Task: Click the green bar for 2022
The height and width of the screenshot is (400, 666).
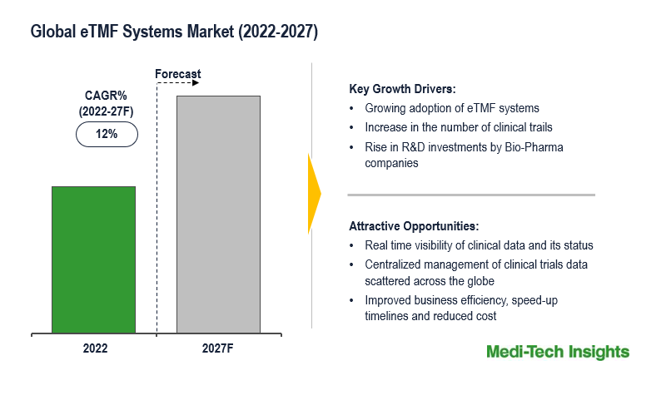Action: (x=93, y=259)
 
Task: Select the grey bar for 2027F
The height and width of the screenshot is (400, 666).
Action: (x=218, y=214)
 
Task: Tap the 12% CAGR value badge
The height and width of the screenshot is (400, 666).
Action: (x=107, y=134)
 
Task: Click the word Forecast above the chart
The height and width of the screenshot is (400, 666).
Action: (x=178, y=74)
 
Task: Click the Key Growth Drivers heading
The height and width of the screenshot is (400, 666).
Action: (x=402, y=90)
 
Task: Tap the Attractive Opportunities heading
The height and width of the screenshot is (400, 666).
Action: (x=414, y=226)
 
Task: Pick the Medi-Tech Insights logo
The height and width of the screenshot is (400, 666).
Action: (x=558, y=353)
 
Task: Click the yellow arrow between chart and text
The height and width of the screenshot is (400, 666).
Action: (x=314, y=194)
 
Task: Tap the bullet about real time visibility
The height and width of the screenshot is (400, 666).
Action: (x=479, y=245)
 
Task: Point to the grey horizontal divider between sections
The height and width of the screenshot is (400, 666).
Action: (x=470, y=195)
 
